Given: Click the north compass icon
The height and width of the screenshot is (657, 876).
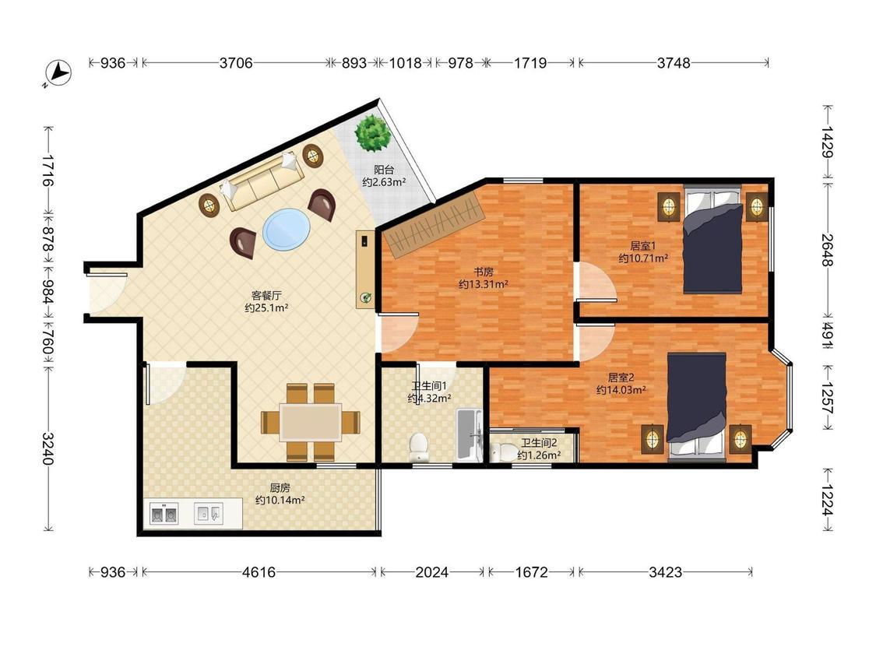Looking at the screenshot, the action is coord(58,73).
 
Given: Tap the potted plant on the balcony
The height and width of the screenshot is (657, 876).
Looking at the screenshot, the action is coord(372,132).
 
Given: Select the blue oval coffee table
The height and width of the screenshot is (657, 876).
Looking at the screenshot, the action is coord(287,230).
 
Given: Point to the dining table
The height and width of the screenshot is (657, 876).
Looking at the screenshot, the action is coord(311,423).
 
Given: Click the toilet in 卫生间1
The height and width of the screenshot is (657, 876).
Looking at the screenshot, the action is coord(418,446).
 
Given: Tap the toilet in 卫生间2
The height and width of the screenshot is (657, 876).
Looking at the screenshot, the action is coord(503,451).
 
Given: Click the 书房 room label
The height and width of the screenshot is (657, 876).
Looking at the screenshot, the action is coord(484,272).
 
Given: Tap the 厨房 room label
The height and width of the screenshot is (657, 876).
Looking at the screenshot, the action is coord(280,488).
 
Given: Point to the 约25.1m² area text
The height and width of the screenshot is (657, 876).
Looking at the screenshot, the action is coord(266,307).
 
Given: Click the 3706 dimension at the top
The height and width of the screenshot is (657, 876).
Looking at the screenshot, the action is coord(236,62).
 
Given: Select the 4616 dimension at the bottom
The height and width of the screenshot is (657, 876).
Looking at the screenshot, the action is coord(259,572).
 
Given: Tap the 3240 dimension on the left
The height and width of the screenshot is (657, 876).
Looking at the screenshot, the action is coord(48,448).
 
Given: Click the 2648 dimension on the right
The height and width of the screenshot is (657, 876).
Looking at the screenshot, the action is coord(828,251).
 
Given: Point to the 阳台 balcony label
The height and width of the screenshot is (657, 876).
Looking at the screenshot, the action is coord(384,170).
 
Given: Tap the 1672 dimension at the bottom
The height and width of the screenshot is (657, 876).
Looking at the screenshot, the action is coord(531,572).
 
